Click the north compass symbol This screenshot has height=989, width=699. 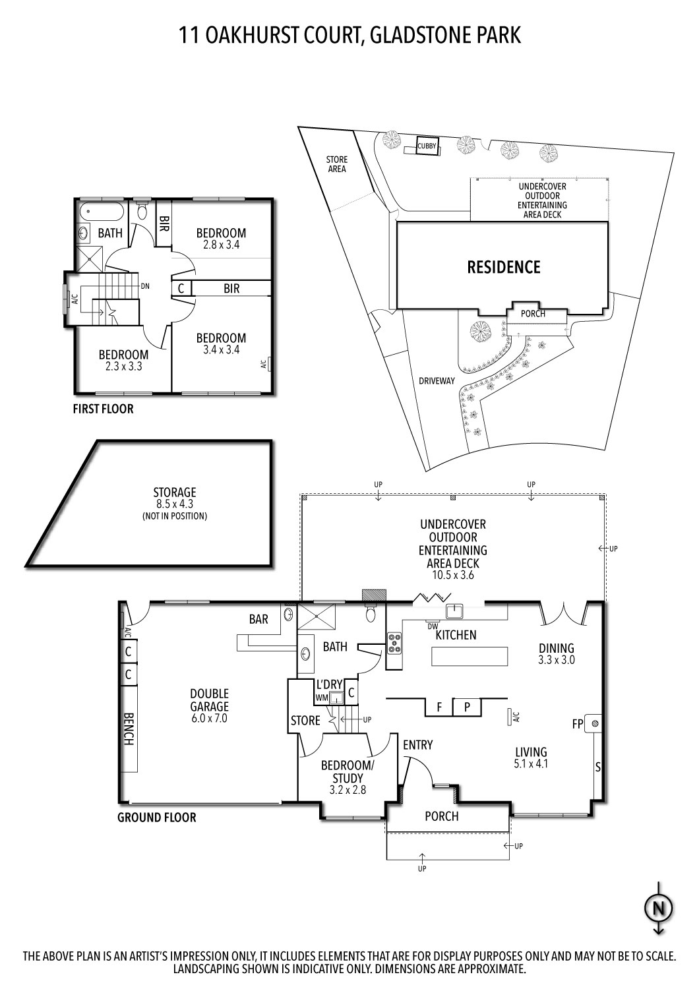point(657,909)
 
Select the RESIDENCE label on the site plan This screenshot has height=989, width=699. point(503,267)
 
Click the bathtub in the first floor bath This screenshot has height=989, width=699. point(100,213)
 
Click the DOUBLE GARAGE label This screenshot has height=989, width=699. point(209,705)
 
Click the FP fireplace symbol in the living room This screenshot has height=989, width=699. point(595,723)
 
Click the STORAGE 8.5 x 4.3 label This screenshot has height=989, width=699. point(175,504)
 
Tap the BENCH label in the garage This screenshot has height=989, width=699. point(129,729)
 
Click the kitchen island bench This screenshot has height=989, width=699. point(470,657)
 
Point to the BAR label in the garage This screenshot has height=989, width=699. point(258,619)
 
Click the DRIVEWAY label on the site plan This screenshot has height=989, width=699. point(437,380)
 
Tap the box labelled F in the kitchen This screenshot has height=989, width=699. point(439,707)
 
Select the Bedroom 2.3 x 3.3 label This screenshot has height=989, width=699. point(124,360)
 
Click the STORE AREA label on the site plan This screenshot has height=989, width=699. point(336,164)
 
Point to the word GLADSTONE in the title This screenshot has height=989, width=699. point(419,34)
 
